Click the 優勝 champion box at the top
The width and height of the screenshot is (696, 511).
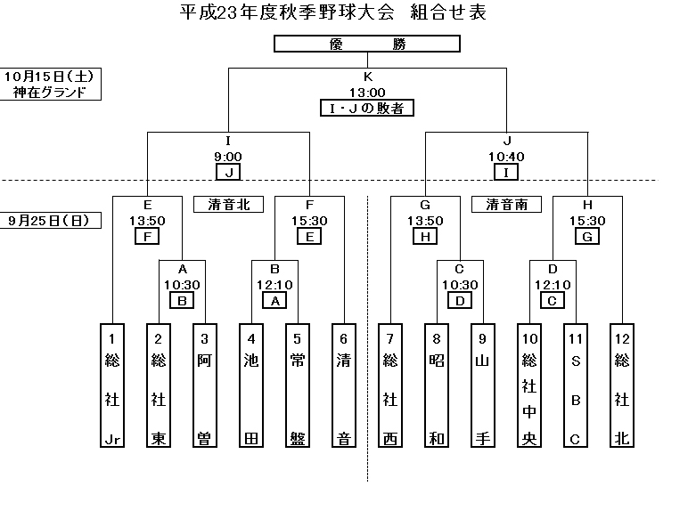pos(366,45)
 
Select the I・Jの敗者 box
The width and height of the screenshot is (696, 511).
pos(366,109)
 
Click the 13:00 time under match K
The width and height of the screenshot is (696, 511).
pos(366,93)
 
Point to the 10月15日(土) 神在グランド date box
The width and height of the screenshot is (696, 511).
pos(50,85)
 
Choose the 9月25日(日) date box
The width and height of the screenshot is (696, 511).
pos(50,220)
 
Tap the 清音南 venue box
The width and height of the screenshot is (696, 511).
pos(506,205)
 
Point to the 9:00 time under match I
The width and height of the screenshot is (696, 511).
pos(229,157)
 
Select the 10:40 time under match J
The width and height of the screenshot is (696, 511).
pos(505,157)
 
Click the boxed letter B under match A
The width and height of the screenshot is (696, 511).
pos(182,301)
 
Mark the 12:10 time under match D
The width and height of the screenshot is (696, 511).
pos(552,285)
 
